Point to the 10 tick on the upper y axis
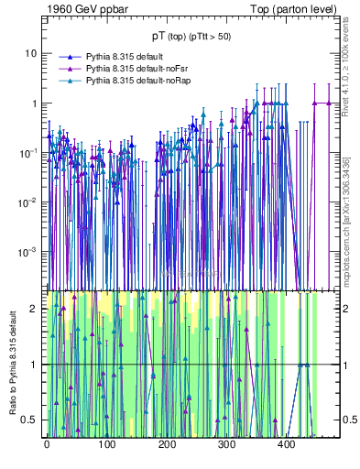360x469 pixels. (30, 53)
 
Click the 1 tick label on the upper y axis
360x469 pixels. (33, 103)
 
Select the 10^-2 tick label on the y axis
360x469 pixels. (27, 202)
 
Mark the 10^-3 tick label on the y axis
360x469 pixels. (27, 251)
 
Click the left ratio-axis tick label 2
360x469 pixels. (34, 309)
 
